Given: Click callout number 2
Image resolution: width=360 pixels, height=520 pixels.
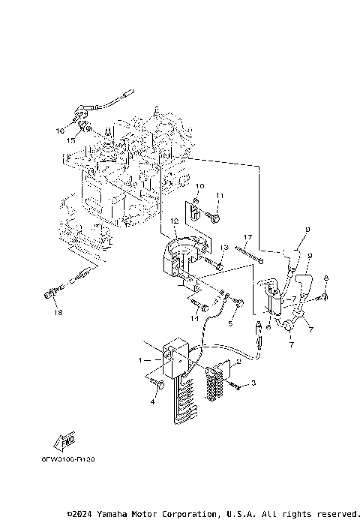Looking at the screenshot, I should tap(238, 360).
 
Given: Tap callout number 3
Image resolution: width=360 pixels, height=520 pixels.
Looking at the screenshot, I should tap(253, 383).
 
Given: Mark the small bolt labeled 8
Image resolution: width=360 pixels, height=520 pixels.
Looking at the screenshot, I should tap(317, 299).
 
